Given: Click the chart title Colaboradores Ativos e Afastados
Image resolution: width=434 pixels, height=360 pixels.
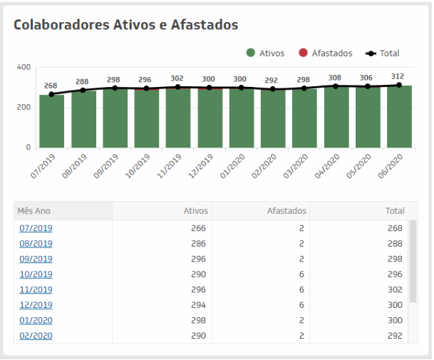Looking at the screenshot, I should coord(125,25).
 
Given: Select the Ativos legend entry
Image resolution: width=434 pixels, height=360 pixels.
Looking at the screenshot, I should coord(265,53).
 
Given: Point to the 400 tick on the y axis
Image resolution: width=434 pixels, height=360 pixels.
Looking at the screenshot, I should coord(24,67).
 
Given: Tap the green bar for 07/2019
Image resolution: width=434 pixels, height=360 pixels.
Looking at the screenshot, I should coord(51,121).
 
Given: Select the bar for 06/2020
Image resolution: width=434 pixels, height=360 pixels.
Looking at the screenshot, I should coord(399,117).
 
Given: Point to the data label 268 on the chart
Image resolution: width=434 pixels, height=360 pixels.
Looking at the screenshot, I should coord(51,86).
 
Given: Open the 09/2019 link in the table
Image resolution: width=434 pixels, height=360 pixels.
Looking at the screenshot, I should coord(36,259).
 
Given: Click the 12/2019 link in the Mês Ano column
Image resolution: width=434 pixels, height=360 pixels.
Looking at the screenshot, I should coord(36,305).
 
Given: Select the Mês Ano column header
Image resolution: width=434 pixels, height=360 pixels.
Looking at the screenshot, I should coord(35,211).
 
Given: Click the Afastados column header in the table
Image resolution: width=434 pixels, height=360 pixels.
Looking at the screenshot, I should coord(286,211).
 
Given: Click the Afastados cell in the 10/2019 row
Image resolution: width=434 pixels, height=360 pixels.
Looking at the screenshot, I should coord(301,274).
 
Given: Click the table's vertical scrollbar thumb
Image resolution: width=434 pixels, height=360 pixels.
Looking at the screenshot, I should coord(412,261).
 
